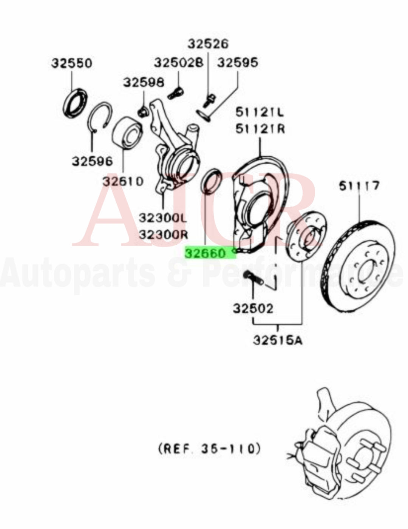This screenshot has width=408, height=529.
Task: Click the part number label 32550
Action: pos(71,63)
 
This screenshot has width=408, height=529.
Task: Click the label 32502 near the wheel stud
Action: pos(252,308)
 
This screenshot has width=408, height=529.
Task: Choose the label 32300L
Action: pos(163,218)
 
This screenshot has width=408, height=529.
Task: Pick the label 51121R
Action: pos(260,129)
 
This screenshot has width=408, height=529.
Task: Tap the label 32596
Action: pos(92,161)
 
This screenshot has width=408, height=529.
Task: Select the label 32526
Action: pos(208,44)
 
